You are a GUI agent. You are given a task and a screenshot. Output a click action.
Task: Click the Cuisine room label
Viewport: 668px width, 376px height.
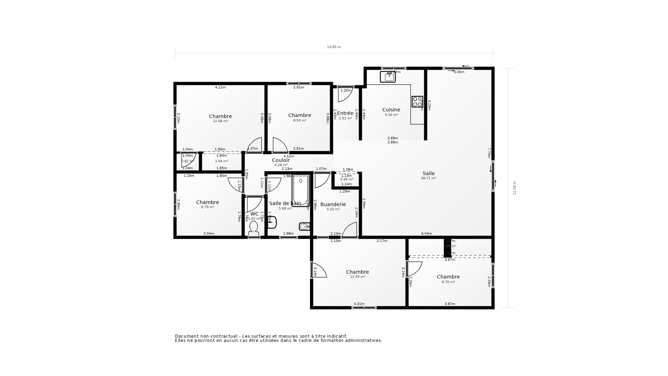[391, 110]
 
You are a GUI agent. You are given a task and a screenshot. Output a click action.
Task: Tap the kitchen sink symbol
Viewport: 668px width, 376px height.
[388, 77]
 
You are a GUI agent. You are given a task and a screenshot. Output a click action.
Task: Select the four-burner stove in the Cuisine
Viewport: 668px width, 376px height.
[417, 102]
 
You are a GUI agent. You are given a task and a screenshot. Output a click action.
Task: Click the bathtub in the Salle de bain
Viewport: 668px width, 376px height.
[300, 191]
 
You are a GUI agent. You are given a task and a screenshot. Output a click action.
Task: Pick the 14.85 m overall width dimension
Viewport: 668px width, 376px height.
[334, 47]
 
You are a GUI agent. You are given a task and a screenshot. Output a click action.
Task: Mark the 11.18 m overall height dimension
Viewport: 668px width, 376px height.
[515, 188]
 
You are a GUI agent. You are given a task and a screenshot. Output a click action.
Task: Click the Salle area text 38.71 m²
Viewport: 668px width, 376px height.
[428, 178]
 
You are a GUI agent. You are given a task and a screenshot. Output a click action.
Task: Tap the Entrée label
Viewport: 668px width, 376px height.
[345, 113]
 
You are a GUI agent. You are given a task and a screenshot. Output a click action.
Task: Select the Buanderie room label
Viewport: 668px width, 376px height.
[333, 204]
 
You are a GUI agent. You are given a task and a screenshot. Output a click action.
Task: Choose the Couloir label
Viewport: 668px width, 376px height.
[281, 160]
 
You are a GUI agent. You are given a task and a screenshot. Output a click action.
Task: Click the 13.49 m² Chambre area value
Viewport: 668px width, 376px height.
[357, 277]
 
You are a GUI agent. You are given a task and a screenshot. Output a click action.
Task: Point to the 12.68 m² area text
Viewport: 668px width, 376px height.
[220, 121]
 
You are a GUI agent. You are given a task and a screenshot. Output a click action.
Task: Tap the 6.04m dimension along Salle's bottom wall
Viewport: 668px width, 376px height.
[426, 234]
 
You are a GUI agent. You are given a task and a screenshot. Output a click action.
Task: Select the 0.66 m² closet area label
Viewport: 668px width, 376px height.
[347, 179]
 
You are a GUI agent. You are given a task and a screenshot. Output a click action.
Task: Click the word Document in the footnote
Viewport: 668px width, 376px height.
[186, 336]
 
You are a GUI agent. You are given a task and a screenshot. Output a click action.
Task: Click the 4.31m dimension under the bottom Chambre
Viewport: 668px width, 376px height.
[359, 304]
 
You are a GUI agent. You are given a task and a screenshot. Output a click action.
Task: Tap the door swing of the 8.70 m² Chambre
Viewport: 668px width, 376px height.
[414, 268]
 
